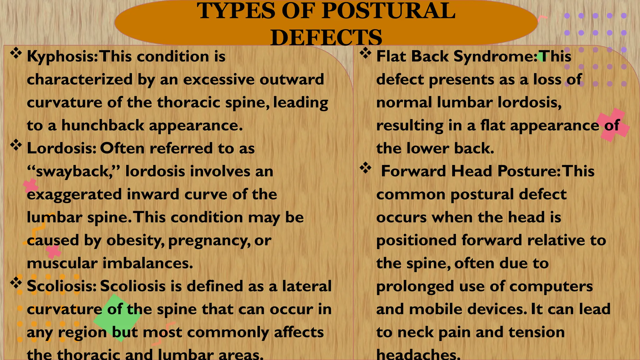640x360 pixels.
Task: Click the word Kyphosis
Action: (x=62, y=57)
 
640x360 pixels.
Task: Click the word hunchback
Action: (x=103, y=126)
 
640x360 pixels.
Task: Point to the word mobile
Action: (x=436, y=309)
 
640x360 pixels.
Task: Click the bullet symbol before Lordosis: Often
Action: (x=16, y=145)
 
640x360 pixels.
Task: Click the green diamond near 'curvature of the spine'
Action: (x=117, y=317)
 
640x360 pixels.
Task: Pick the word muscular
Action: (x=62, y=263)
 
